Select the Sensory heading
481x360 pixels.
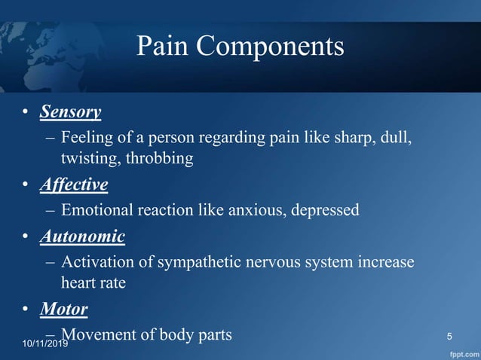pos(70,112)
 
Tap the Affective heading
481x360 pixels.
pos(74,185)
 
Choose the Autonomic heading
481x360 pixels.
pos(82,236)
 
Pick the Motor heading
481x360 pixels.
pos(64,309)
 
